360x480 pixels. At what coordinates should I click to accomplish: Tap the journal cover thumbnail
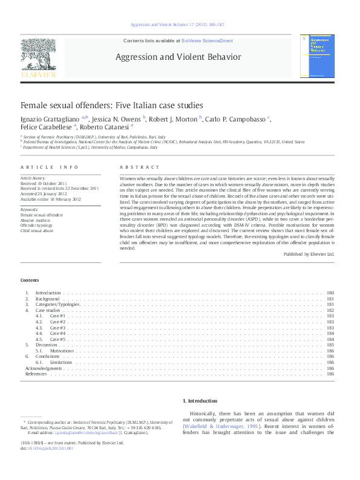pos(318,56)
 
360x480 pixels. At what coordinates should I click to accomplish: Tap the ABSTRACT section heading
pos(140,167)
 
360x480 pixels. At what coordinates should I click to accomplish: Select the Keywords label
pos(30,209)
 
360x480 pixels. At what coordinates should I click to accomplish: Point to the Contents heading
pos(29,281)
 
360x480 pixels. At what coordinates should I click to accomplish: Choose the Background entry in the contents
pos(47,299)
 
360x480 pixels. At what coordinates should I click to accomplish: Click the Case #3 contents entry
pos(57,328)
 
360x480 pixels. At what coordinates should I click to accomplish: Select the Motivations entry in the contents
pos(62,351)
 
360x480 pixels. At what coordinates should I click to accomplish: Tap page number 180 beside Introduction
pos(330,293)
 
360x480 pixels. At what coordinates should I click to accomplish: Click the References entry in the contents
pos(35,374)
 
